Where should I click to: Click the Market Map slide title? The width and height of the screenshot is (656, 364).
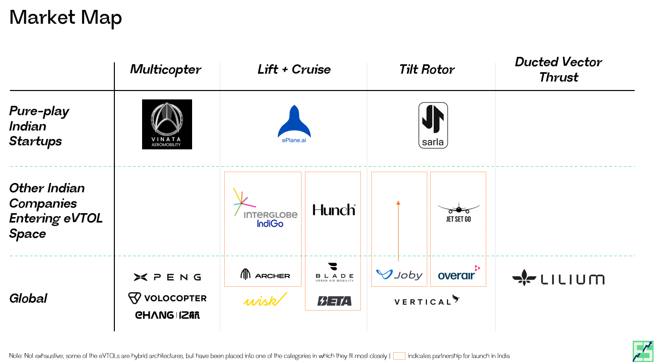click(65, 18)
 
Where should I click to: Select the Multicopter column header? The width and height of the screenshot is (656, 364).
click(165, 69)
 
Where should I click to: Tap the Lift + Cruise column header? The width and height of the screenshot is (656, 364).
click(294, 69)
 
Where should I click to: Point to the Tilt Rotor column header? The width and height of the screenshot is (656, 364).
click(427, 69)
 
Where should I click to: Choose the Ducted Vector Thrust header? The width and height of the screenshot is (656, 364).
click(558, 69)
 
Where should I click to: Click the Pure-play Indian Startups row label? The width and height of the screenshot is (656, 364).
click(39, 126)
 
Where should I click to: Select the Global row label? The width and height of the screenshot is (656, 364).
click(28, 298)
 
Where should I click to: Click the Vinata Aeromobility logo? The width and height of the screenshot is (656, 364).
click(167, 124)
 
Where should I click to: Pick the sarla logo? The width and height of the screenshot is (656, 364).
click(433, 125)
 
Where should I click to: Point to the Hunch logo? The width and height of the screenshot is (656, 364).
click(334, 210)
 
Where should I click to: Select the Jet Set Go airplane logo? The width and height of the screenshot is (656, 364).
click(458, 211)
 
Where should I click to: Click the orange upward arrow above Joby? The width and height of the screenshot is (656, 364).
click(398, 230)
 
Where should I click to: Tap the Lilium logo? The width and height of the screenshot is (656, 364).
click(558, 278)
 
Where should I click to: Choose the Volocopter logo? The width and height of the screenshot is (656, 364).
click(167, 298)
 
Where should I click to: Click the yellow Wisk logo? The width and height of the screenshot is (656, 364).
click(265, 300)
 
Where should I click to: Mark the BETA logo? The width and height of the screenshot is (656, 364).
click(334, 301)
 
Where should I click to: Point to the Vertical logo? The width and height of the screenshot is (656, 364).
click(426, 301)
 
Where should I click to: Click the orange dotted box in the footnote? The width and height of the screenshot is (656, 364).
click(399, 356)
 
